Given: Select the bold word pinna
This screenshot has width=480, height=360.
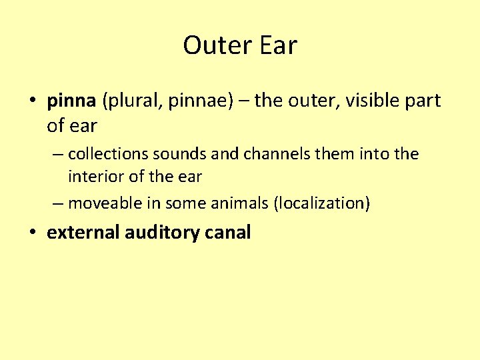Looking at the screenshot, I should pyautogui.click(x=71, y=101).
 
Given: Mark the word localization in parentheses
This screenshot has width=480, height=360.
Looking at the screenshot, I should pyautogui.click(x=321, y=203).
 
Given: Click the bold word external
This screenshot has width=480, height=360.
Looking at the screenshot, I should pyautogui.click(x=83, y=233).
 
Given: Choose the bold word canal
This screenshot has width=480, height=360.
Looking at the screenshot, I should pyautogui.click(x=228, y=233).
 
